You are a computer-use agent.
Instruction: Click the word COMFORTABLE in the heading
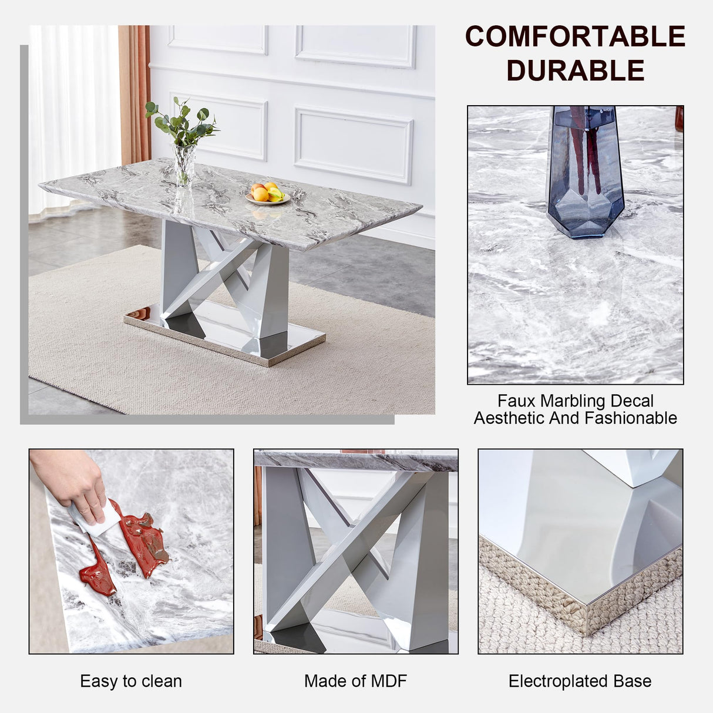click(575, 36)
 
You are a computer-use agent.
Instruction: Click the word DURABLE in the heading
click(575, 71)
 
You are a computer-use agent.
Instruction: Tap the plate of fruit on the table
click(268, 193)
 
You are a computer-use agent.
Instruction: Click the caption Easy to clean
click(131, 681)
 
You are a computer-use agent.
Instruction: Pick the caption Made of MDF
click(355, 681)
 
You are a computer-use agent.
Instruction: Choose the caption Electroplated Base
click(580, 681)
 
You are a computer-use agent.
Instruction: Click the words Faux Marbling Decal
click(575, 401)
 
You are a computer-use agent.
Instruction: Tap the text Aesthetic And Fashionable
click(575, 418)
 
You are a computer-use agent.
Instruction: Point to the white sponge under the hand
click(97, 520)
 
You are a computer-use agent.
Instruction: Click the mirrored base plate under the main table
click(223, 335)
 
